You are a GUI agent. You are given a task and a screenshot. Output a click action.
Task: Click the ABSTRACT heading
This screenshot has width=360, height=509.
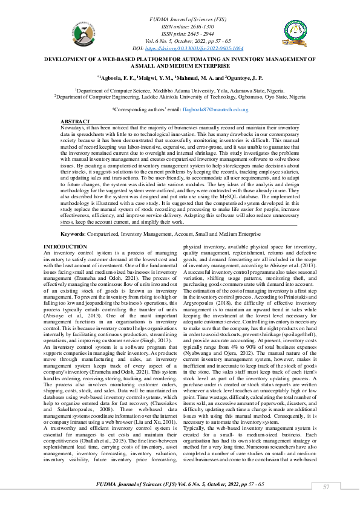click(x=76, y=122)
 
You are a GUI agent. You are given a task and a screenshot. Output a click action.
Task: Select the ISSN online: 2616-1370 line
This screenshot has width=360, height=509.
click(x=179, y=27)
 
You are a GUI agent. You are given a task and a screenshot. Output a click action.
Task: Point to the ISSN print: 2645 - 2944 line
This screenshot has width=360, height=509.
click(x=179, y=34)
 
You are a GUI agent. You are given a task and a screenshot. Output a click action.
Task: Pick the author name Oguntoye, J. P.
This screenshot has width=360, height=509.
click(x=245, y=78)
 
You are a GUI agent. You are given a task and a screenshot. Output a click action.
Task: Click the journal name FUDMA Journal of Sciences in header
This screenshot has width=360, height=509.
click(x=179, y=21)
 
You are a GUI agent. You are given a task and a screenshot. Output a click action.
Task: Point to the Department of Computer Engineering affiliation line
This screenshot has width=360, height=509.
click(x=179, y=96)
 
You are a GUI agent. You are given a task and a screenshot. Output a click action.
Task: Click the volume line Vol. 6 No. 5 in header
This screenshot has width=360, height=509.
click(x=179, y=41)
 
